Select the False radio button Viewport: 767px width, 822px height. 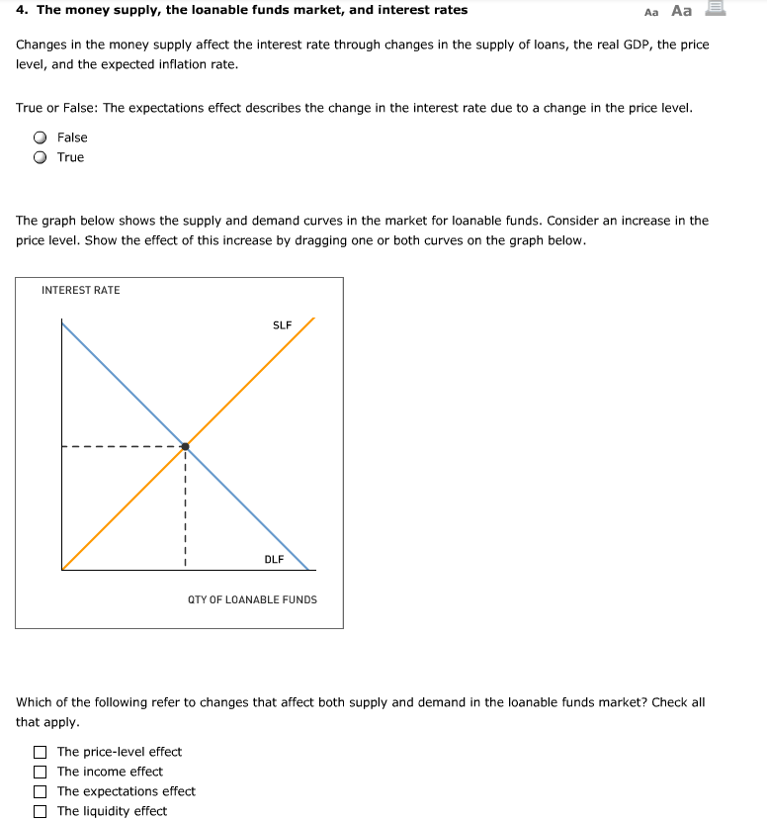(41, 137)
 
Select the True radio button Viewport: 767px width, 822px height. (41, 157)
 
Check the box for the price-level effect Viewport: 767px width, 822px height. (41, 752)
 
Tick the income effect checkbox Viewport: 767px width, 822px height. (41, 772)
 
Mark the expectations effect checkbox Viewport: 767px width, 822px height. (41, 791)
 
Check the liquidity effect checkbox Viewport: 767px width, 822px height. (41, 811)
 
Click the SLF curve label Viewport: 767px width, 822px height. (282, 324)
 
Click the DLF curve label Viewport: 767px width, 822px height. (274, 559)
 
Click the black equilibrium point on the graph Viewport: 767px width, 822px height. (185, 446)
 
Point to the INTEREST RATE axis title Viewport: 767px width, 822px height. (80, 290)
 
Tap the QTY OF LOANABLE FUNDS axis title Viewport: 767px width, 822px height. (252, 599)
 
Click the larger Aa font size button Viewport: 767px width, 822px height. (681, 11)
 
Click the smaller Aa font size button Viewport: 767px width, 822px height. (650, 12)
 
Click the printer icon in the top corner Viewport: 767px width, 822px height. (715, 10)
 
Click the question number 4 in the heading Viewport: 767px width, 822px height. (21, 10)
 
